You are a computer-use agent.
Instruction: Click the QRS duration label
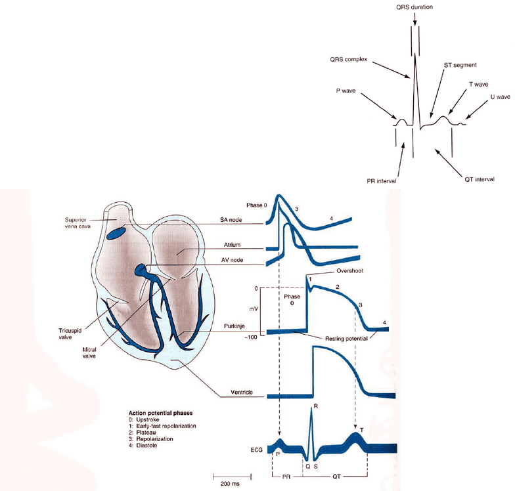tap(414, 7)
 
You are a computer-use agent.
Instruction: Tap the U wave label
tap(501, 97)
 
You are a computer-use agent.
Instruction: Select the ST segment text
tap(460, 65)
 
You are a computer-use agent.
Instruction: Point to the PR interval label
tap(381, 181)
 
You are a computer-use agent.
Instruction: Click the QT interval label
tap(480, 179)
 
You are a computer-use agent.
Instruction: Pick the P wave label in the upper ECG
tap(346, 91)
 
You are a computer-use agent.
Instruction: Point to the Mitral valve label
tap(89, 352)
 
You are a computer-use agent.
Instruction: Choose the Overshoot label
tap(349, 270)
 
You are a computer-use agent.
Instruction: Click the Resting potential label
tap(346, 339)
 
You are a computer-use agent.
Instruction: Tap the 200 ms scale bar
tap(232, 477)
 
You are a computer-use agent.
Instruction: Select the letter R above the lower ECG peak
tap(315, 406)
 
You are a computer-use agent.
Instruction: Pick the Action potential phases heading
tap(160, 413)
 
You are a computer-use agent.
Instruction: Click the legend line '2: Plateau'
tap(142, 433)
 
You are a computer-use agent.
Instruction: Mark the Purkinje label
tap(234, 326)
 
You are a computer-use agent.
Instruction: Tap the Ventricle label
tap(242, 393)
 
